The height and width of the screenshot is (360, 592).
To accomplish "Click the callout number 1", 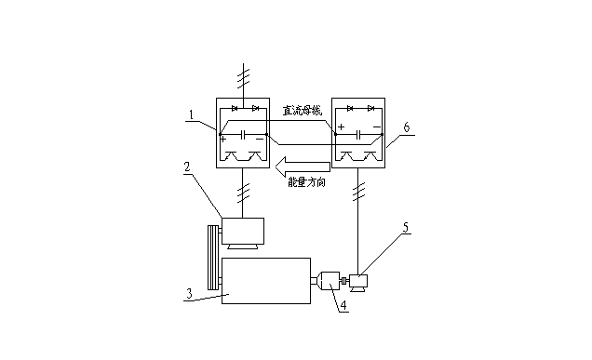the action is pos(192,114).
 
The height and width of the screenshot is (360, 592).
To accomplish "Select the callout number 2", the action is pos(187,167).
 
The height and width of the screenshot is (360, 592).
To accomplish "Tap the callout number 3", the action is pos(190,293).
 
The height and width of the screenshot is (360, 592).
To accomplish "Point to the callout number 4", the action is pos(343,305).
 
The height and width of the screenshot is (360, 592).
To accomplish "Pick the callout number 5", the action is pos(406,227).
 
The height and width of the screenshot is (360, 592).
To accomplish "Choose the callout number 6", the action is pos(406,127).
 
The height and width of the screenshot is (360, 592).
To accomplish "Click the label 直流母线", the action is pos(303,111).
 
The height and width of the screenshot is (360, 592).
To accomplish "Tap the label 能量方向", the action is pos(306,182).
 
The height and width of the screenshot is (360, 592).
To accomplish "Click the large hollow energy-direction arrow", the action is pos(303,167).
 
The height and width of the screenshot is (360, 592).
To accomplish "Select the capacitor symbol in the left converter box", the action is pos(244,134).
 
